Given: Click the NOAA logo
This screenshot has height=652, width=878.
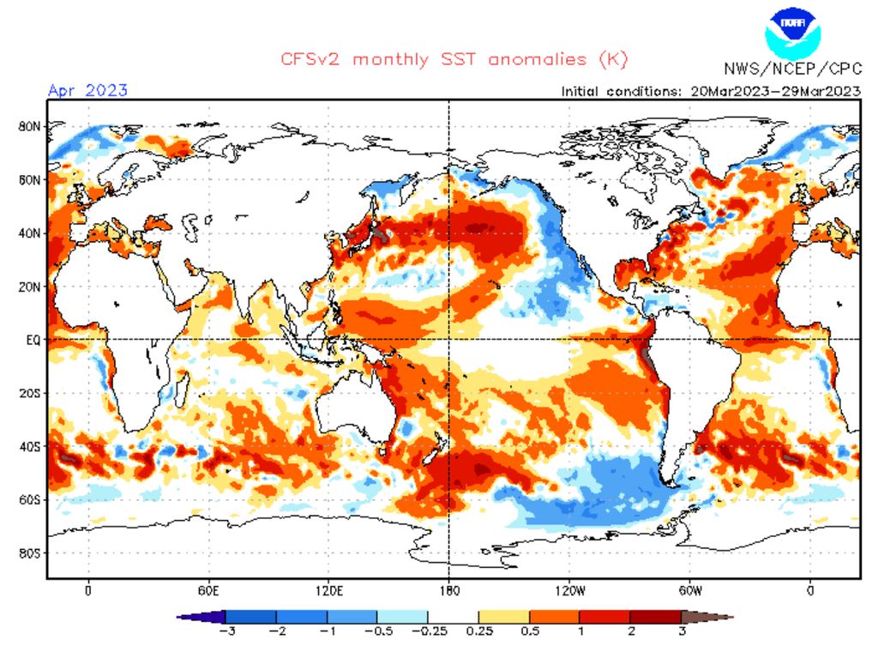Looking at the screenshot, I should point(792,32).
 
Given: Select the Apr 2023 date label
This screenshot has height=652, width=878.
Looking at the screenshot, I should point(87,90).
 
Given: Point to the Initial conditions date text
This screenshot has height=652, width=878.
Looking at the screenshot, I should point(710,91).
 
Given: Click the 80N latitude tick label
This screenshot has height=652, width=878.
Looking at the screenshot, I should point(28,126).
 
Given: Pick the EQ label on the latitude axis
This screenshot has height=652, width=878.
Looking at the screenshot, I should point(32,340).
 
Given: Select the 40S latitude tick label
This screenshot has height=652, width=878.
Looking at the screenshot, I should point(28,446).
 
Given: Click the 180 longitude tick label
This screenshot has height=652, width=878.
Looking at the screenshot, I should point(449,590).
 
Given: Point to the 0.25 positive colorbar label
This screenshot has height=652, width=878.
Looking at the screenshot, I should point(478,631).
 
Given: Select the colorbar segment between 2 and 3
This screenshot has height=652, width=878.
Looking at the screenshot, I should point(655,616).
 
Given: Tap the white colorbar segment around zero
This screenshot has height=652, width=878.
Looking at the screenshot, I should point(453,616).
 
